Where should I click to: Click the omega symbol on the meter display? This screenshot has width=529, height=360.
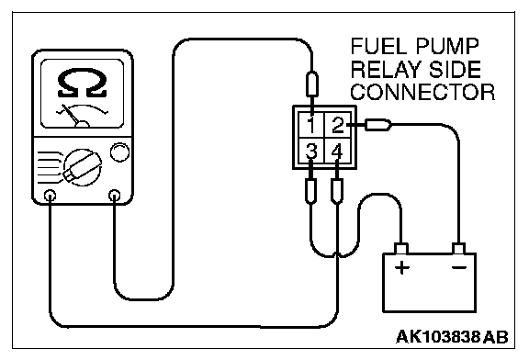pos(83,83)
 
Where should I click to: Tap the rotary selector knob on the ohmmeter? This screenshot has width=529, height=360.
pos(83,167)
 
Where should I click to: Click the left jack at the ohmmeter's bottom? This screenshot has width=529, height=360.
pos(50,195)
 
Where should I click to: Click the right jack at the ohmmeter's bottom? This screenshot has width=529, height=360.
pos(115,195)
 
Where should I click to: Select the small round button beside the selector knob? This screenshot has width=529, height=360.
pos(119,152)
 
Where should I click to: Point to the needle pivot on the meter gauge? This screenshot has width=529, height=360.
pos(82,124)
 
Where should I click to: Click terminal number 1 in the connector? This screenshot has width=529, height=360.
pos(311,125)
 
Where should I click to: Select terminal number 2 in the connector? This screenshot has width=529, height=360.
pos(338,125)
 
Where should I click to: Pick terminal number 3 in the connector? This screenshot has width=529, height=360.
pos(311,152)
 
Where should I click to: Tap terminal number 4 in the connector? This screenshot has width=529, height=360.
pos(337,152)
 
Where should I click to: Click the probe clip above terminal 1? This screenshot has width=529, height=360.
pos(311,84)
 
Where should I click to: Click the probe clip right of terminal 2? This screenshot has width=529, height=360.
pos(377,125)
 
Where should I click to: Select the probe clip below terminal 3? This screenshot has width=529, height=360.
pos(310,191)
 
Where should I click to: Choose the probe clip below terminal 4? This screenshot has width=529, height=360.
pos(337,191)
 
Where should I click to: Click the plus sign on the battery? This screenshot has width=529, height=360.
pos(402,268)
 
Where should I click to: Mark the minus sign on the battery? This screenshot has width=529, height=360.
pos(459,267)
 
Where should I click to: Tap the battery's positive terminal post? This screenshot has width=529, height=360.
pos(401,249)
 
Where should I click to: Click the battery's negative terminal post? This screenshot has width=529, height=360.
pos(459,249)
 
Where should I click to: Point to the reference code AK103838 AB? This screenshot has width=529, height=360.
pos(452,337)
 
